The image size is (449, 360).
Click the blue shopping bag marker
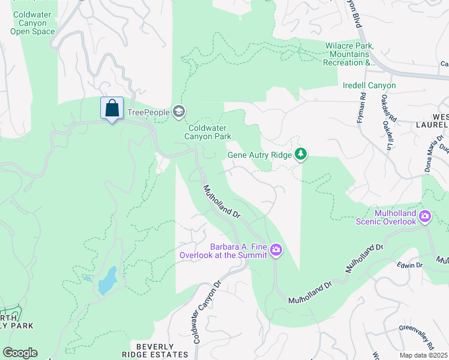pyautogui.click(x=112, y=109)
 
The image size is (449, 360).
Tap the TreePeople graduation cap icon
pyautogui.click(x=178, y=111)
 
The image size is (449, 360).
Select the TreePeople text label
pyautogui.click(x=148, y=112)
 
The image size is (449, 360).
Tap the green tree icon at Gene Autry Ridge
pyautogui.click(x=301, y=155)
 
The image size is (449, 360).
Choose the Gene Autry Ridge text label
pyautogui.click(x=259, y=155)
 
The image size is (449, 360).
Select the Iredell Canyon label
pyautogui.click(x=369, y=86)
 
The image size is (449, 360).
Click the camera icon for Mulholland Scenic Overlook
pyautogui.click(x=425, y=216)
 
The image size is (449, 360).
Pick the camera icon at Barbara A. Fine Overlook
pyautogui.click(x=276, y=249)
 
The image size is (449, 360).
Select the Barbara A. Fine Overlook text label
pyautogui.click(x=223, y=250)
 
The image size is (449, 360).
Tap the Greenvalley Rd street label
pyautogui.click(x=417, y=338)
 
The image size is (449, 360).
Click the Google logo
pyautogui.click(x=20, y=353)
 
